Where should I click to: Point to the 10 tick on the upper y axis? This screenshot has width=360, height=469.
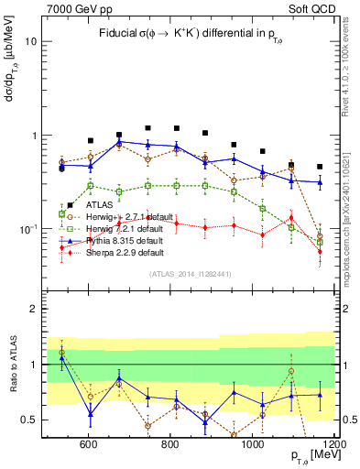coord(31,42)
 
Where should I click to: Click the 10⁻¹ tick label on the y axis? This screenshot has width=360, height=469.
coord(27,229)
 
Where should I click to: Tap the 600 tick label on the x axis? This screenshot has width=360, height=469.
coord(88,444)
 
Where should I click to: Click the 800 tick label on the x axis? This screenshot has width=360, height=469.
coord(170,444)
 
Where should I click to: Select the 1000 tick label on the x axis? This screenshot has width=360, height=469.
coord(252,444)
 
